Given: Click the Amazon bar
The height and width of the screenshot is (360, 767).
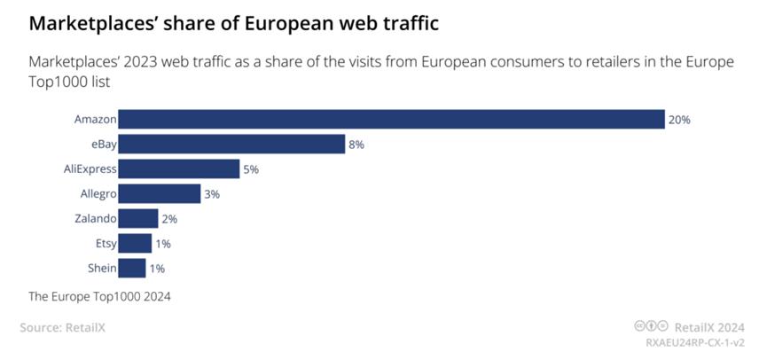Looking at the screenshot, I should click(x=391, y=119).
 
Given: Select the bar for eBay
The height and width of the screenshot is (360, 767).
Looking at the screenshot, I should click(x=231, y=144).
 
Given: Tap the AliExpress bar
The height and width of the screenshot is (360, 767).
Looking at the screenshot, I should click(x=178, y=168).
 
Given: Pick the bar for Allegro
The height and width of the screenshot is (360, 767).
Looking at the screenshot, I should click(x=159, y=193).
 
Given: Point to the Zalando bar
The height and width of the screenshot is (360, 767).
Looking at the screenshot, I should click(x=137, y=218).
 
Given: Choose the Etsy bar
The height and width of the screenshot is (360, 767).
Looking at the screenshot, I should click(x=134, y=243).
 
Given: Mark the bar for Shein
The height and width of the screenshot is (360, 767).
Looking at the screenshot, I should click(x=131, y=268).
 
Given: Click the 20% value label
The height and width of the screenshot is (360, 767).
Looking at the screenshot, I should click(x=679, y=120).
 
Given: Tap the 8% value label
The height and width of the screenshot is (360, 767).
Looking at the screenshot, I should click(x=356, y=145).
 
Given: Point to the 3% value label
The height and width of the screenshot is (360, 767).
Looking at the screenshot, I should click(x=211, y=194).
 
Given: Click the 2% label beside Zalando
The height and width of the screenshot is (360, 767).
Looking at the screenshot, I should click(x=168, y=219).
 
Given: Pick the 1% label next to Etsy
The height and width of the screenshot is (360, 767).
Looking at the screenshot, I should click(x=162, y=244).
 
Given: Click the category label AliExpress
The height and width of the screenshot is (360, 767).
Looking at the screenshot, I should click(x=91, y=168).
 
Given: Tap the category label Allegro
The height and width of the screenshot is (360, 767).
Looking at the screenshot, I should click(x=97, y=193).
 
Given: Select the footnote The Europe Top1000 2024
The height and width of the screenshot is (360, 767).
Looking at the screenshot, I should click(x=99, y=297).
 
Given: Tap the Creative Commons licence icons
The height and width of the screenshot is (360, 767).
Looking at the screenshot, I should click(x=652, y=326).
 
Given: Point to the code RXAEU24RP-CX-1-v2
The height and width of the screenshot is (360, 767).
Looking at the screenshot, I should click(x=694, y=342).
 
